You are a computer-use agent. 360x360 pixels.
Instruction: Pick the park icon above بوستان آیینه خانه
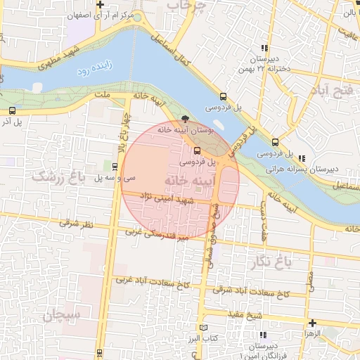(x=185, y=119)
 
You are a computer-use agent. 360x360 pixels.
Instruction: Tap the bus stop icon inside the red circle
(x=196, y=150)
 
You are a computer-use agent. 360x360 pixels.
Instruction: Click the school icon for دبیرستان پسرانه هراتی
(x=302, y=158)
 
